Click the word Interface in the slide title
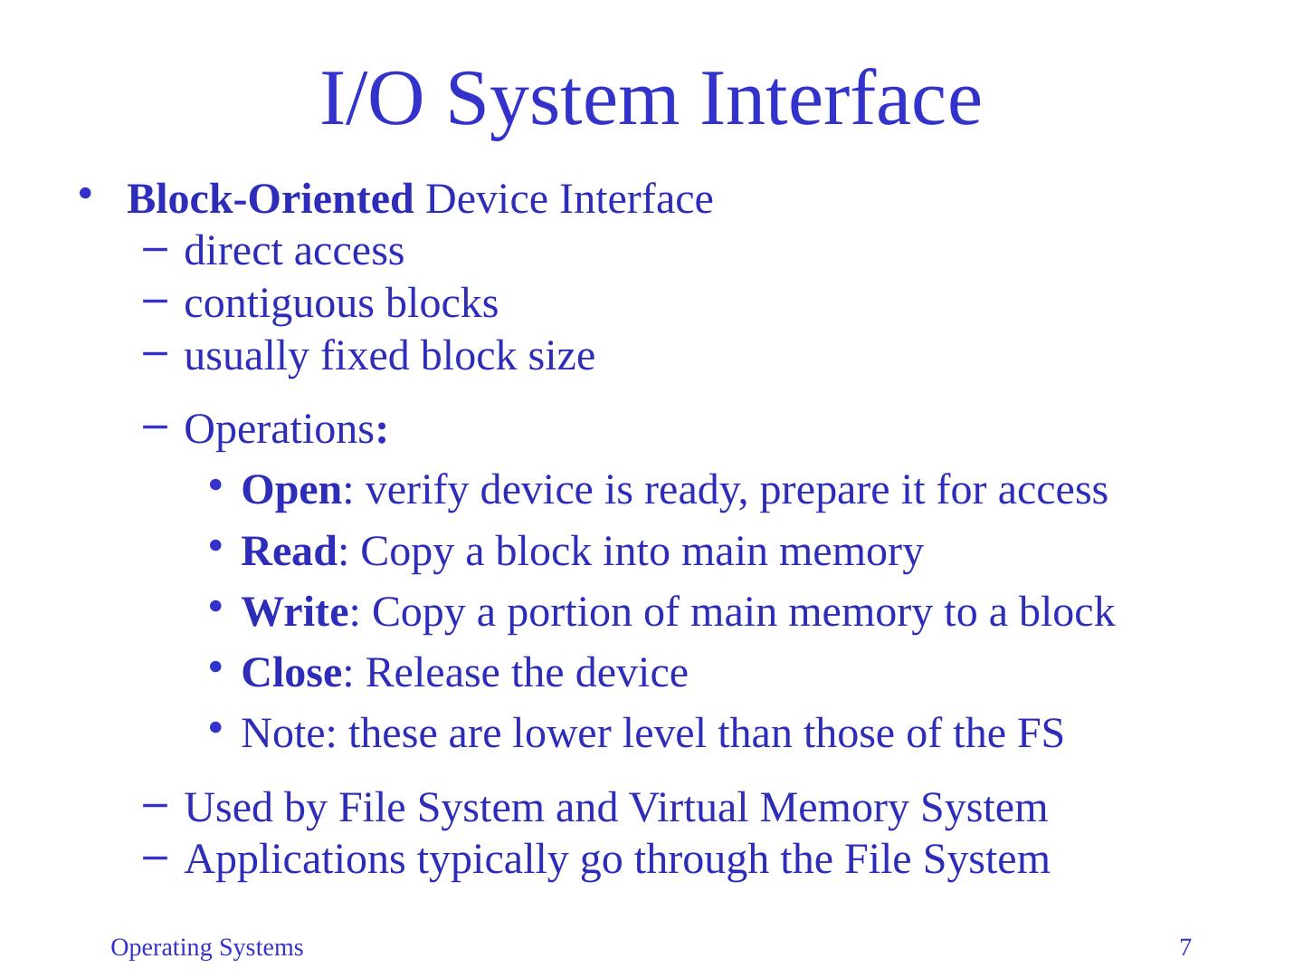point(841,99)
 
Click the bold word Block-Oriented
point(271,199)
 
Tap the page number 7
point(1185,948)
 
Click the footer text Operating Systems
point(207,948)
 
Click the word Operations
point(280,430)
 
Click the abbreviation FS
point(1040,733)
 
